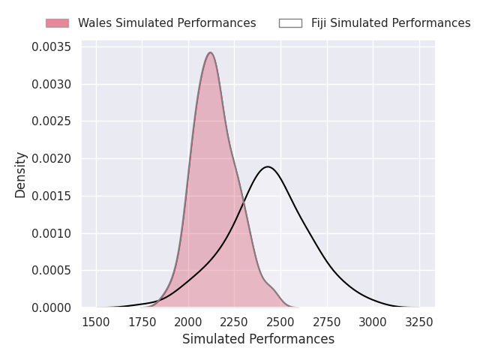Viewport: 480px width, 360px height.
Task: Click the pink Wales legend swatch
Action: [57, 23]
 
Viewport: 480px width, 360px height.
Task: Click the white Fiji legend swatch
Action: [290, 23]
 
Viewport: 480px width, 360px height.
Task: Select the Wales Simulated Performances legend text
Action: [166, 23]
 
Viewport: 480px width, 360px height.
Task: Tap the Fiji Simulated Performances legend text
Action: [391, 23]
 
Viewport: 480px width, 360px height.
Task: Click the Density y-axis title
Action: [21, 175]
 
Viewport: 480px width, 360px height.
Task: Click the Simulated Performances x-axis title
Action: [258, 339]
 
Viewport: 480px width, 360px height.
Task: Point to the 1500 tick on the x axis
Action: [96, 322]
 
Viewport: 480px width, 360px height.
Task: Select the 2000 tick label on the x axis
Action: [188, 322]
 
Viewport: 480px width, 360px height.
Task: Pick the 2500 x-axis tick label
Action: [280, 322]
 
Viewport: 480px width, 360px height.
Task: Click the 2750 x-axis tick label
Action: [327, 322]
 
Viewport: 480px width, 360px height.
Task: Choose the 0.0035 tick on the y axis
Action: [52, 47]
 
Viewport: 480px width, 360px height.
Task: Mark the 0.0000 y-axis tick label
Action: [52, 307]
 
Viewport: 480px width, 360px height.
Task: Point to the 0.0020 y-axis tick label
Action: [52, 159]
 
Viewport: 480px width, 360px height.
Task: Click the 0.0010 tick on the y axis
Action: [52, 233]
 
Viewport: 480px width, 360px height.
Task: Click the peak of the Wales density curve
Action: [211, 52]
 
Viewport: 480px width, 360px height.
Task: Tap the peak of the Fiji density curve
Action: [268, 166]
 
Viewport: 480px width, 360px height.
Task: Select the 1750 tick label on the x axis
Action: [142, 322]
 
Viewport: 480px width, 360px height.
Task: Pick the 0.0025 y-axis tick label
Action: [52, 121]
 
